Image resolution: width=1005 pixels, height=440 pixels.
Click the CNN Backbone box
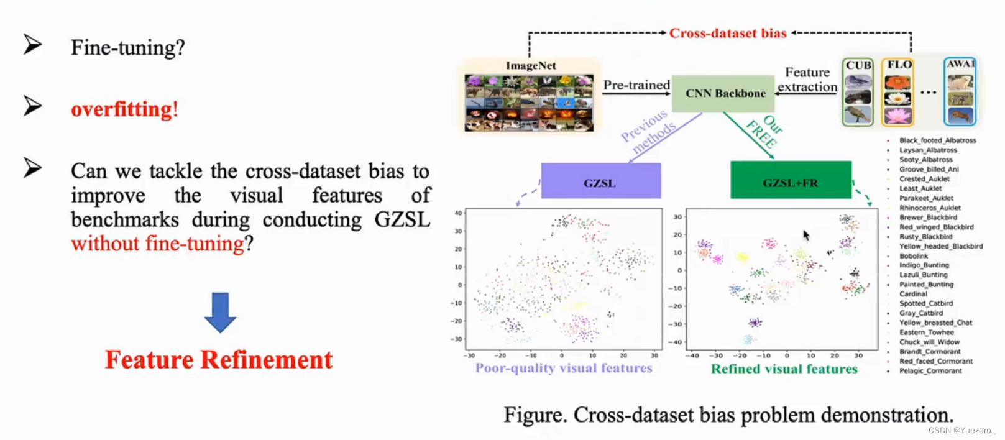pos(725,94)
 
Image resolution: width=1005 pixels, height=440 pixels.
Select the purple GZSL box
pos(600,181)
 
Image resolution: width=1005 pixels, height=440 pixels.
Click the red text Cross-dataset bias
pos(728,33)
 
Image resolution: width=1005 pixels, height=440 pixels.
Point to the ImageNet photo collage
pos(529,103)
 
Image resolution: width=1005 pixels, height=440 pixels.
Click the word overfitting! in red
pos(124,109)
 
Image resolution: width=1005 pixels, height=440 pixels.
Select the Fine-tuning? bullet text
pos(127,48)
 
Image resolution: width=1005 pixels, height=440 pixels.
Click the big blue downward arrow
pos(220,313)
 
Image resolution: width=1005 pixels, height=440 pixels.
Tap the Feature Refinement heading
pos(219,360)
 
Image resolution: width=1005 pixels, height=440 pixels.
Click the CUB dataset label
pos(858,65)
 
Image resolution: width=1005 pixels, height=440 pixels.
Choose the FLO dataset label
pos(899,65)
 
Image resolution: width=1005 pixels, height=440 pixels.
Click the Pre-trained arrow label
pos(636,85)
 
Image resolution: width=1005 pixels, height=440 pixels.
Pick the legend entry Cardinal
pos(913,294)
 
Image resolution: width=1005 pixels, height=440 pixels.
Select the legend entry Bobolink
pos(914,255)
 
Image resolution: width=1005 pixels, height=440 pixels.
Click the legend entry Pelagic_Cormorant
pos(930,371)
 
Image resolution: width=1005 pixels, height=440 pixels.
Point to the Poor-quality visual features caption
pos(564,368)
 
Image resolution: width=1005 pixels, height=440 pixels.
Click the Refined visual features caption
pos(784,369)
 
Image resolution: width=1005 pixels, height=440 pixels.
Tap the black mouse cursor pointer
pos(806,235)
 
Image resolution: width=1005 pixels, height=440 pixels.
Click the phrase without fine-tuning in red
pos(158,244)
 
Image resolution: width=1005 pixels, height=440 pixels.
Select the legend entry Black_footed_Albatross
pos(937,140)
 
